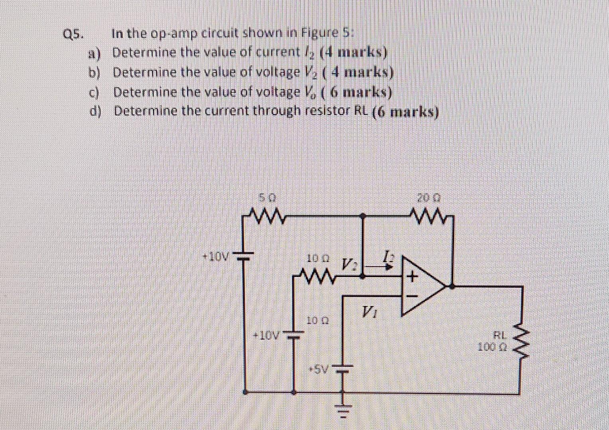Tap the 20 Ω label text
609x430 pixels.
[x=428, y=197]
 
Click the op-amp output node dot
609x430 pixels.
[x=451, y=286]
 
